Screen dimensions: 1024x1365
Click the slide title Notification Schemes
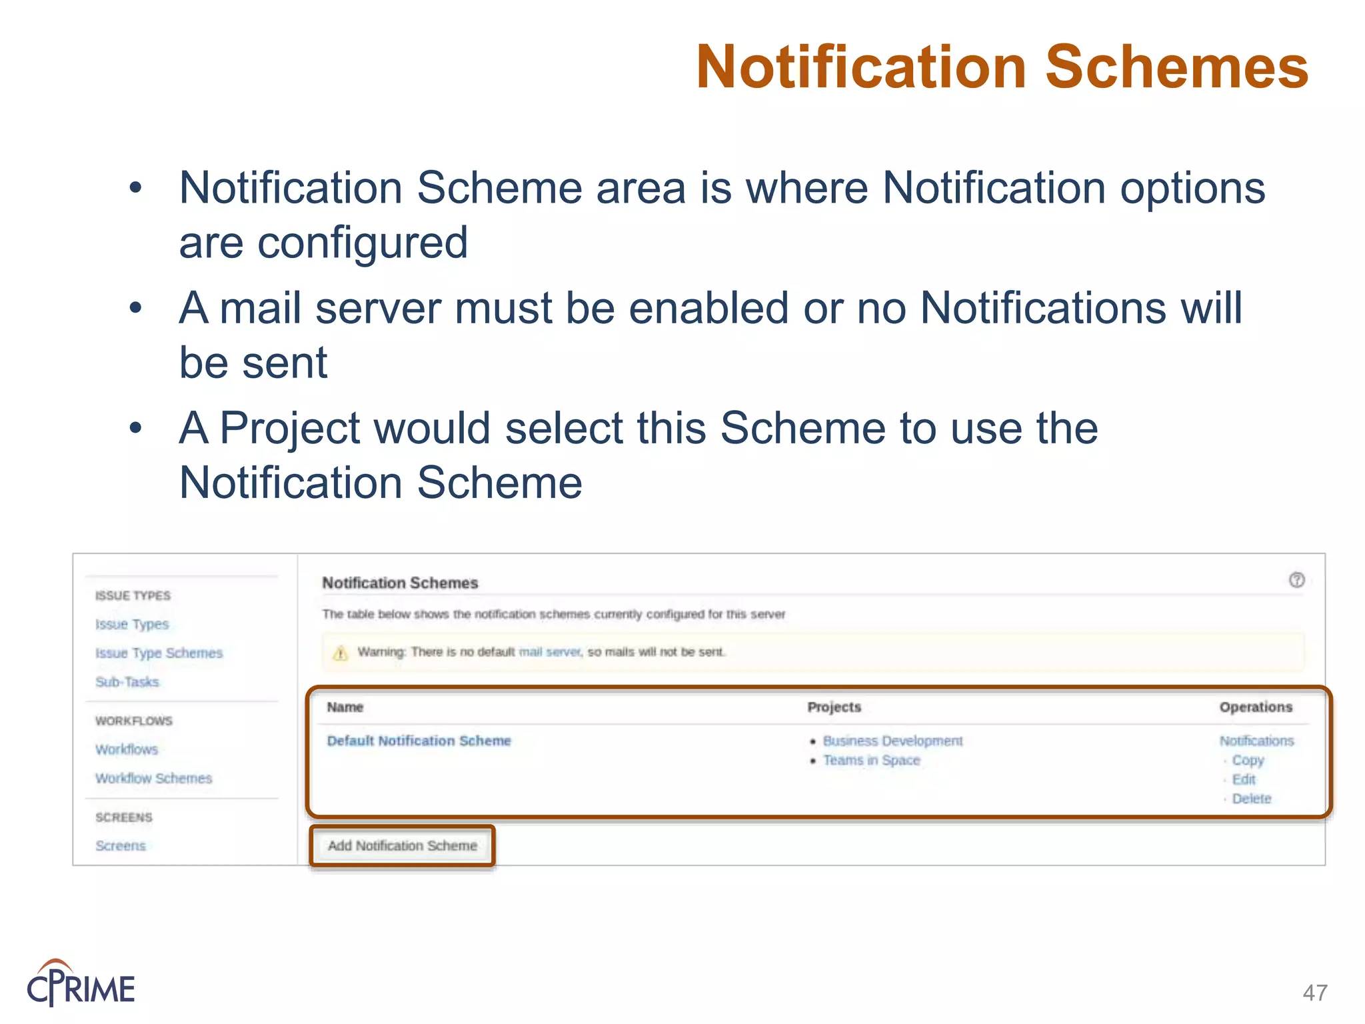(1002, 67)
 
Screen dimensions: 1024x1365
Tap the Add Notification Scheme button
(402, 845)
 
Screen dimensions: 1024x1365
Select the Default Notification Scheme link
(419, 741)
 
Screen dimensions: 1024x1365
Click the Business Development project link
(892, 741)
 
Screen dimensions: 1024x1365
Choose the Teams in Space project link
(871, 760)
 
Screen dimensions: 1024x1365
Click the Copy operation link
(1248, 760)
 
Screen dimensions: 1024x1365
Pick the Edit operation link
(1244, 779)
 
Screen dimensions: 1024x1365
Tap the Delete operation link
(1252, 799)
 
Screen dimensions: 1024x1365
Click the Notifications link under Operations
(1256, 741)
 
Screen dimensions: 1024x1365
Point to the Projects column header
(834, 707)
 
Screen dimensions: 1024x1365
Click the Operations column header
(1256, 707)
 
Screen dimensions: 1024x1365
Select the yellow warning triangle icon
(341, 653)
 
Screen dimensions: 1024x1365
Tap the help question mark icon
(1296, 580)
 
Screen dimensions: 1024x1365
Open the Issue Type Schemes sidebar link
(159, 653)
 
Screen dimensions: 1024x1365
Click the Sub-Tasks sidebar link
(127, 682)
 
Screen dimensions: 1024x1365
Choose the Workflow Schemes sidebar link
(153, 778)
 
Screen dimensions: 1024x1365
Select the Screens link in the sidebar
(120, 845)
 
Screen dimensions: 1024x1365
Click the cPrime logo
(81, 983)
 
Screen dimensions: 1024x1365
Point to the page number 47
(1314, 992)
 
